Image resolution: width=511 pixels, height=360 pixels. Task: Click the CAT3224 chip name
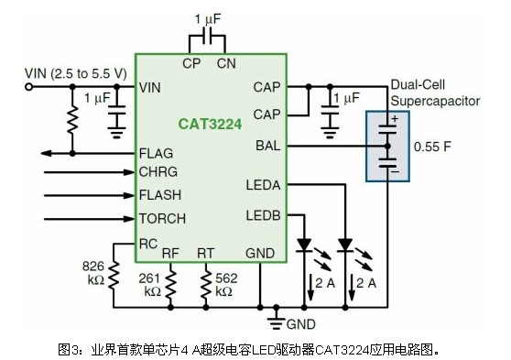point(211,124)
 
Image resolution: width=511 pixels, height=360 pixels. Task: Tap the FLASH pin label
point(160,195)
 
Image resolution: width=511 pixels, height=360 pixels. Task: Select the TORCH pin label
point(162,219)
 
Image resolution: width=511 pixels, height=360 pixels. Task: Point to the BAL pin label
point(268,146)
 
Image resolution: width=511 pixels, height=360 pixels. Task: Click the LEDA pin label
point(264,185)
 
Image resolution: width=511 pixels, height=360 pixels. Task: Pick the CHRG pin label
point(158,172)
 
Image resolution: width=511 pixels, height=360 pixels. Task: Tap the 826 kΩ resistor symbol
point(114,276)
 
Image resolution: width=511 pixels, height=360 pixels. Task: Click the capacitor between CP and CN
point(207,36)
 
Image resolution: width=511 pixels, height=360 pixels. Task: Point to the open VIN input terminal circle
point(29,87)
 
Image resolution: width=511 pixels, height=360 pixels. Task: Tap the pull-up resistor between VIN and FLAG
point(72,119)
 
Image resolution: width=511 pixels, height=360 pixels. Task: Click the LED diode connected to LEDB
point(304,245)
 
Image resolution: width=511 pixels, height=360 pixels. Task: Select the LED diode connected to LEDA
point(345,245)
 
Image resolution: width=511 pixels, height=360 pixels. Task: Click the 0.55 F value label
point(432,147)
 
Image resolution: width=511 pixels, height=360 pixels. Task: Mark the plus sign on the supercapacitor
point(395,119)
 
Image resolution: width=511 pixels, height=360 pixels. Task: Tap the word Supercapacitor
point(435,102)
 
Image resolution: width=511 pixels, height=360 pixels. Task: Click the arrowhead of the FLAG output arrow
point(46,153)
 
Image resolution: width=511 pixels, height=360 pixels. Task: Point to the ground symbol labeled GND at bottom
point(276,321)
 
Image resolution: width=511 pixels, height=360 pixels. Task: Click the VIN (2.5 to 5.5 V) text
point(76,73)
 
